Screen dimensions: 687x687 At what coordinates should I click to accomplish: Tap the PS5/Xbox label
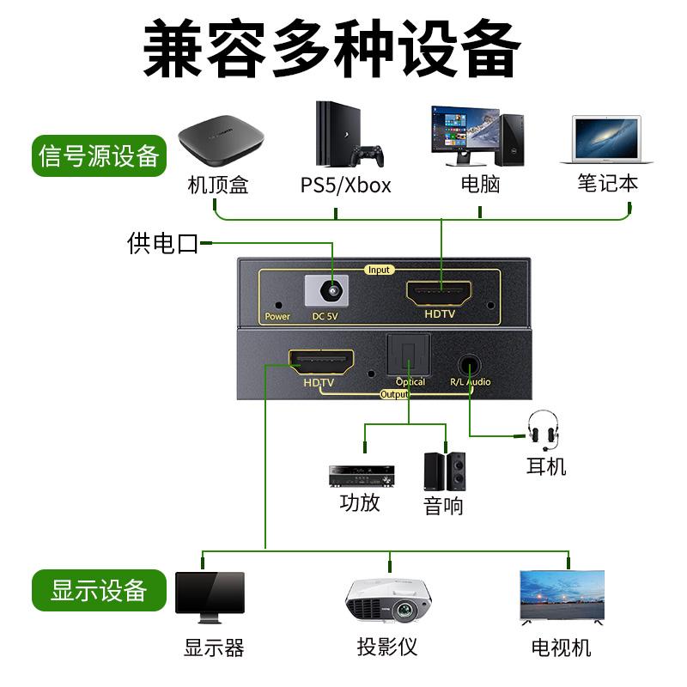(345, 185)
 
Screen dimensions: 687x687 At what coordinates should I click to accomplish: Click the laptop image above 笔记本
(606, 140)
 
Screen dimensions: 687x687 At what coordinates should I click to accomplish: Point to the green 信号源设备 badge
(100, 156)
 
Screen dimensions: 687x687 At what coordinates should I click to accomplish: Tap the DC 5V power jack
(331, 292)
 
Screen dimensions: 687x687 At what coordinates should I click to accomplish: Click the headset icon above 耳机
(543, 429)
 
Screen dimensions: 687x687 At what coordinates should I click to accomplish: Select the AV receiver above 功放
(362, 475)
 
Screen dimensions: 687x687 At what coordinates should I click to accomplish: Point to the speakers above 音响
(444, 471)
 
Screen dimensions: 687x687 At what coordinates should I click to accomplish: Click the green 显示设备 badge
(99, 591)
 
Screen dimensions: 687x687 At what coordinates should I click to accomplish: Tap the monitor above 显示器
(210, 596)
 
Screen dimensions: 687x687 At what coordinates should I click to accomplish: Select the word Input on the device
(379, 270)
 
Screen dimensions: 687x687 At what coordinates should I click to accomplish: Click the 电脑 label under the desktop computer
(480, 184)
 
